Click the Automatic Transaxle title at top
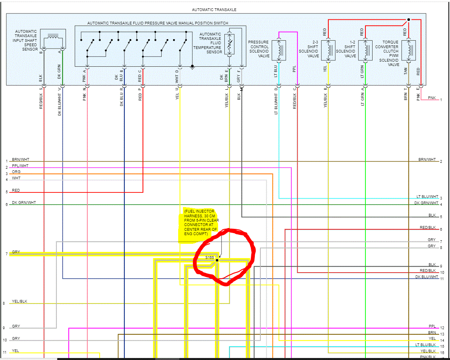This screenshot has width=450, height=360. [x=214, y=9]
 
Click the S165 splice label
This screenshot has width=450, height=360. [x=209, y=258]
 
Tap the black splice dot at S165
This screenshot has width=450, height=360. [x=217, y=260]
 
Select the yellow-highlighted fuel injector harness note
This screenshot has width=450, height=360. [x=201, y=225]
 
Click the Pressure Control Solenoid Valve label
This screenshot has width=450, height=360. [x=258, y=49]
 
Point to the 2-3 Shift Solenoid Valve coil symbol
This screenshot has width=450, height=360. [x=328, y=50]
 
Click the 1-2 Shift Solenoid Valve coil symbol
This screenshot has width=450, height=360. [x=365, y=50]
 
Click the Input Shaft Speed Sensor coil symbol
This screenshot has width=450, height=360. [x=53, y=40]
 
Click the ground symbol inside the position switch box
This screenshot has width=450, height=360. [x=192, y=67]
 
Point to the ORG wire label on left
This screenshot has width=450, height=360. [x=16, y=172]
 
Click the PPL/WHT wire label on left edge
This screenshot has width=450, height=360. [x=20, y=166]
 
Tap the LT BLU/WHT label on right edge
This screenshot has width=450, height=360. [x=427, y=196]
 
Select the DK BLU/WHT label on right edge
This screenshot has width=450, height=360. [x=427, y=277]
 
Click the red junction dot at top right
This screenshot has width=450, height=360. [x=409, y=19]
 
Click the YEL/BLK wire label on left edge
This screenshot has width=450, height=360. [x=19, y=302]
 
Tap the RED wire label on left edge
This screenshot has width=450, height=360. [x=16, y=190]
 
